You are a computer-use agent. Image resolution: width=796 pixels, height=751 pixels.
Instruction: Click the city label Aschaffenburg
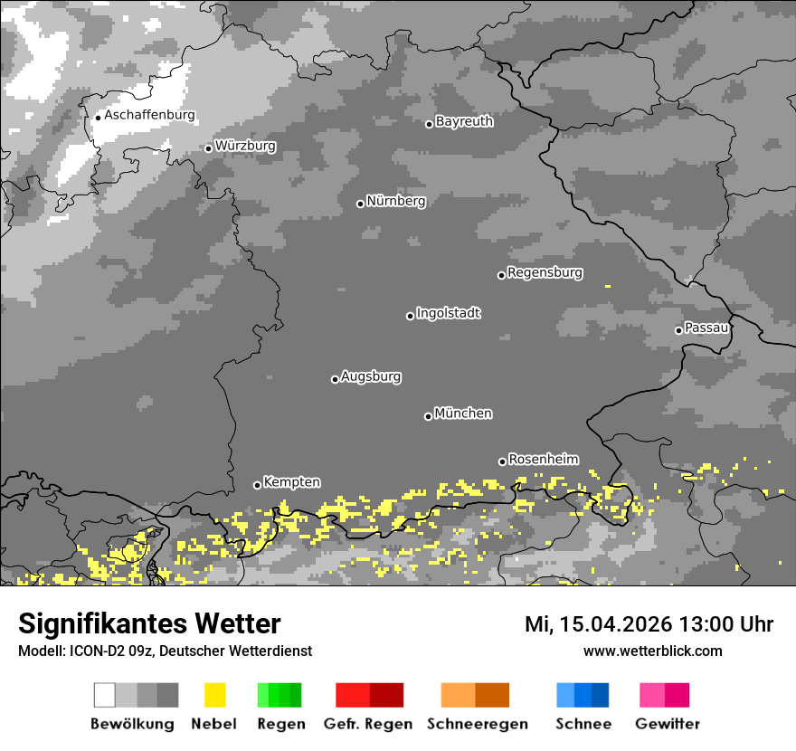(x=149, y=116)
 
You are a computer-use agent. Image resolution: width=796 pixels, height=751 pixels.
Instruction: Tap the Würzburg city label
(x=245, y=147)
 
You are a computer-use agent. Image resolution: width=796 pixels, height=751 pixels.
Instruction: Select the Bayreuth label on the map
(x=464, y=121)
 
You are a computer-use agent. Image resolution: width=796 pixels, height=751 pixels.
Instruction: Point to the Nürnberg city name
(x=395, y=202)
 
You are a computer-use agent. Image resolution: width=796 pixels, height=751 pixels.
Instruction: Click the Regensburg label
(x=545, y=273)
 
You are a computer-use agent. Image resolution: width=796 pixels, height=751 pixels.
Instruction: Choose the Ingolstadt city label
(x=448, y=314)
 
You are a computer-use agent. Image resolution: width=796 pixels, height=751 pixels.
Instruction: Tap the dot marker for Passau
(x=678, y=330)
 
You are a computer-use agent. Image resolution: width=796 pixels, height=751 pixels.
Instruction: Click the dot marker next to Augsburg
(x=335, y=379)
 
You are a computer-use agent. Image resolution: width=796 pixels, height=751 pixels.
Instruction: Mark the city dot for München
(x=428, y=416)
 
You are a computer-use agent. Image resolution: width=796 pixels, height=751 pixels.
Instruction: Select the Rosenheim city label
(x=543, y=460)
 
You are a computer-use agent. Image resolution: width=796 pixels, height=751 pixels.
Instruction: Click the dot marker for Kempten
(x=257, y=485)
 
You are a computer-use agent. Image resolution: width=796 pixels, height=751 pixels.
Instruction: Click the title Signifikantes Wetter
(x=149, y=624)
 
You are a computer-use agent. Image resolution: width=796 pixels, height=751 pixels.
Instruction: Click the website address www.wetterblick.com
(x=652, y=651)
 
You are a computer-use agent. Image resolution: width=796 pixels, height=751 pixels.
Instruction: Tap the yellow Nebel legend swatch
(x=214, y=695)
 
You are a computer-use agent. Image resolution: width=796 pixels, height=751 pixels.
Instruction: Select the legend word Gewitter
(x=667, y=724)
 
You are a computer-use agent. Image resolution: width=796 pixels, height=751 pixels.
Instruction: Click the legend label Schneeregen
(x=477, y=724)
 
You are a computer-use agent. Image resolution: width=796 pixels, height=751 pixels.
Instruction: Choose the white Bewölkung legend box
(x=105, y=695)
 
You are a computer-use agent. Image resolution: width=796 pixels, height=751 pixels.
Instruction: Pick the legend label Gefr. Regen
(x=368, y=724)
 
